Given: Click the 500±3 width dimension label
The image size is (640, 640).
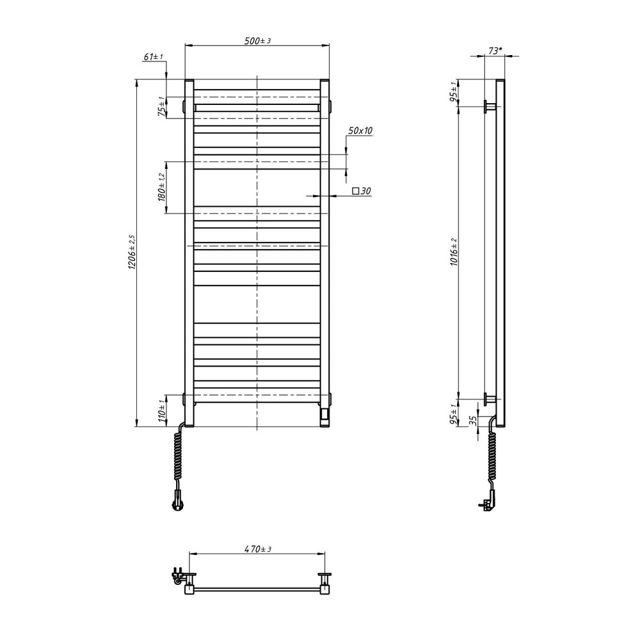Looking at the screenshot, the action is (x=257, y=41).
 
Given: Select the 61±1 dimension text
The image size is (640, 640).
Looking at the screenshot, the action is (x=153, y=57).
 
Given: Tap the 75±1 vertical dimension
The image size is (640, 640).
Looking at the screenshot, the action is (x=162, y=107).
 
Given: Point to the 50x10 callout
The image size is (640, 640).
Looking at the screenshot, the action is (x=360, y=131).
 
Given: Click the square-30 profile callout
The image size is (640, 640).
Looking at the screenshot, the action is (x=362, y=191).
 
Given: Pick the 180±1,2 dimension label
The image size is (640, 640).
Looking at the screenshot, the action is (x=161, y=187).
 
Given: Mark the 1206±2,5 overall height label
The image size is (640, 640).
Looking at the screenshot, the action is (x=132, y=252).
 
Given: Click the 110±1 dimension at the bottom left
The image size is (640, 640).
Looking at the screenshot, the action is (x=162, y=411).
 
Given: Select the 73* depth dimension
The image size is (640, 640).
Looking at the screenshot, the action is (x=495, y=51).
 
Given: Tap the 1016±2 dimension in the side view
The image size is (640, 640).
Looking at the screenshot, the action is (x=454, y=252).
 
